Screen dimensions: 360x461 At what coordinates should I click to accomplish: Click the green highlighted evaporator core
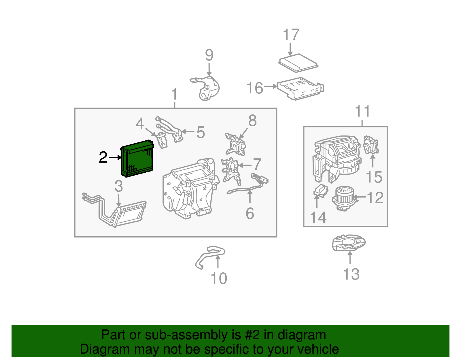[137, 159]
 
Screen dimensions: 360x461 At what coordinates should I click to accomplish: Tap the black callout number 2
[103, 158]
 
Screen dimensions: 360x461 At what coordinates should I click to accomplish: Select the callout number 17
[291, 35]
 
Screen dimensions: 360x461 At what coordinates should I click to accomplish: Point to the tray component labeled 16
[300, 88]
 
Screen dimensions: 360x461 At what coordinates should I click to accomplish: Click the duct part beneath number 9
[207, 88]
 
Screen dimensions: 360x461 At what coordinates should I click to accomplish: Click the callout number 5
[201, 132]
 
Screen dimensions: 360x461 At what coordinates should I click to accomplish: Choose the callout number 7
[257, 164]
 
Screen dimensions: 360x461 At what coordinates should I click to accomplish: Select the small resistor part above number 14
[320, 191]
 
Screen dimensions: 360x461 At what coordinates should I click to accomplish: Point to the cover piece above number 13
[349, 243]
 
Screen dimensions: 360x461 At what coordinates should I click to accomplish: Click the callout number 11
[362, 111]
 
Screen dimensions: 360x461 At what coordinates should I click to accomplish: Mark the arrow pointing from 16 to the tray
[270, 86]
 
